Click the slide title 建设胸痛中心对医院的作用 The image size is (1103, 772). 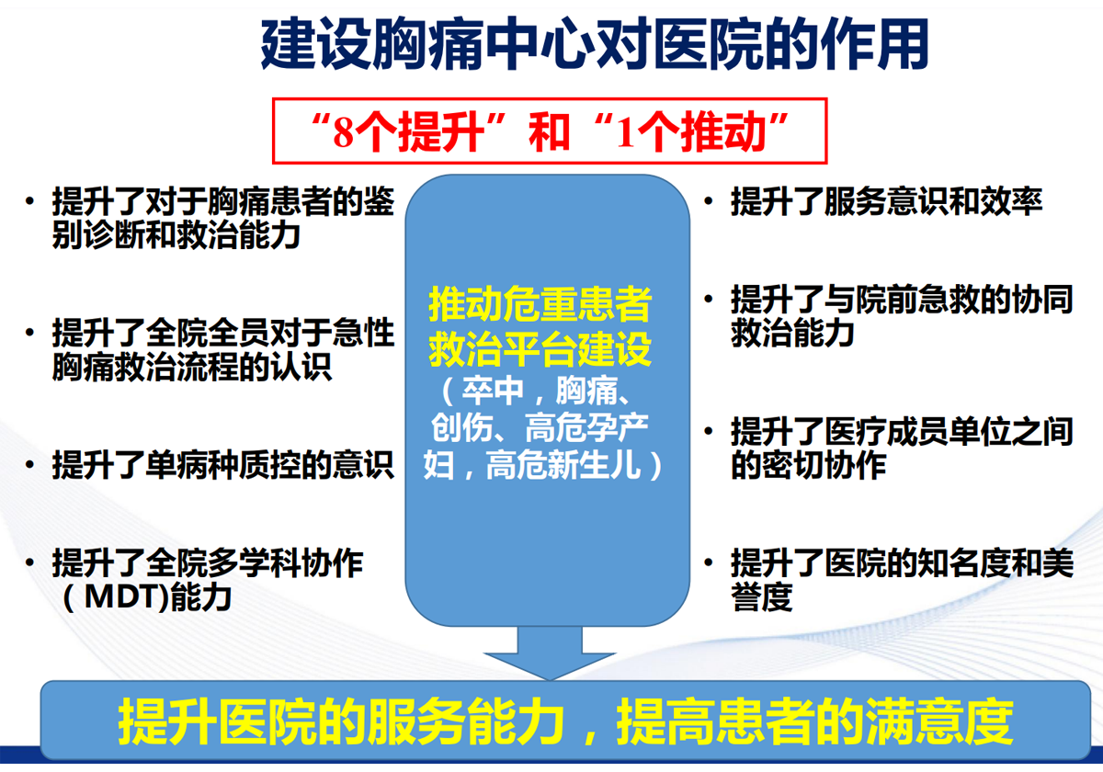595,44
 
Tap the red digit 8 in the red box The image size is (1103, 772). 343,133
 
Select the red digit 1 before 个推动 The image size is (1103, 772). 625,133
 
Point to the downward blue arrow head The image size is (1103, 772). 550,666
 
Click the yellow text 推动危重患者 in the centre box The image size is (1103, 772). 540,305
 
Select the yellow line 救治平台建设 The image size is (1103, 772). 540,349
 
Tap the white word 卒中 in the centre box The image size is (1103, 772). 493,392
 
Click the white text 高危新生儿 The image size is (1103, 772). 563,465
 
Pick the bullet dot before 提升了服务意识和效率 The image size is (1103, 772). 709,201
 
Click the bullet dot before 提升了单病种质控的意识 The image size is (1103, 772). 29,464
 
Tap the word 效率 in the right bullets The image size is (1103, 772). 1011,201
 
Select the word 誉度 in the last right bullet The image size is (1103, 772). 762,596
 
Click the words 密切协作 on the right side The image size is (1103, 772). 824,465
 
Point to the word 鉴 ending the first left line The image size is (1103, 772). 379,201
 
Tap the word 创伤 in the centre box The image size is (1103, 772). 461,427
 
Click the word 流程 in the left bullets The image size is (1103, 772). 208,368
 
